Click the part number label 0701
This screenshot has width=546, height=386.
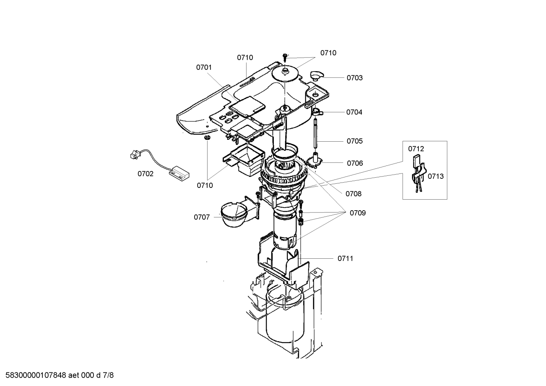(x=204, y=67)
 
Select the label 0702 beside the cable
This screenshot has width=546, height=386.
(x=145, y=174)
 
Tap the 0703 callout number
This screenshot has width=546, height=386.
(x=354, y=78)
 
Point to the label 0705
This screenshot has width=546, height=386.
(x=354, y=141)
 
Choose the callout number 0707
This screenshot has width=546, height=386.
(x=202, y=217)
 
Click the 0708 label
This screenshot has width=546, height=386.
(x=353, y=194)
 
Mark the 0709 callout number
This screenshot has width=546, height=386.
(x=357, y=213)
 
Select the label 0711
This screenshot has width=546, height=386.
(x=345, y=258)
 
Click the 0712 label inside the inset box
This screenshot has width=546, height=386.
(x=416, y=149)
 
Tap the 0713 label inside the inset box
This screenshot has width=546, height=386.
(x=435, y=176)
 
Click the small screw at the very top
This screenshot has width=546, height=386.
(x=285, y=56)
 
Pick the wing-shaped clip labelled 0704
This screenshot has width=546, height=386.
(x=317, y=111)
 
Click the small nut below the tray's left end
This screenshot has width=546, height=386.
(x=207, y=138)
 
